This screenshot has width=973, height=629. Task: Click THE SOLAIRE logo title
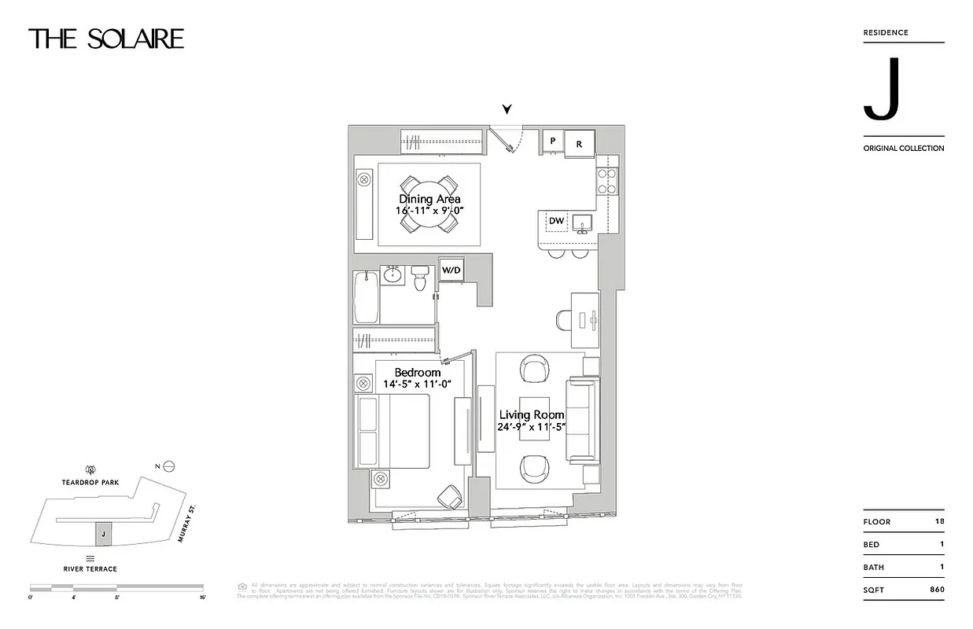[106, 39]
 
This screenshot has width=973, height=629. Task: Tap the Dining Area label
[429, 200]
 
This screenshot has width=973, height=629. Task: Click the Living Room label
[532, 415]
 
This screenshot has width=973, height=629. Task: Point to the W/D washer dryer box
[451, 270]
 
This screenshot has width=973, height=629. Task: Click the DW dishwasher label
[556, 222]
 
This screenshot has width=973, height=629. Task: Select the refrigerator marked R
[579, 144]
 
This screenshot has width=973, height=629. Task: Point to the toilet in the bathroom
[419, 277]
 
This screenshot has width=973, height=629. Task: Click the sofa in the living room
[583, 421]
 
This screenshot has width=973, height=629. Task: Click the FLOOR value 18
[939, 521]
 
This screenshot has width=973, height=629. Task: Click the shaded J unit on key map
[102, 535]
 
